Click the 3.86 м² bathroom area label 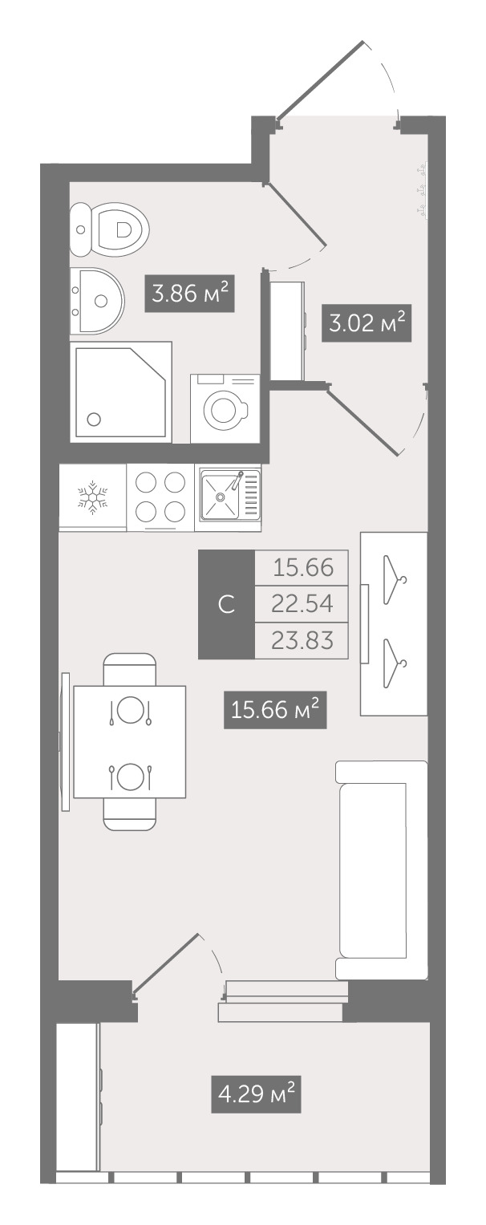(189, 294)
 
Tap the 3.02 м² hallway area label (366, 324)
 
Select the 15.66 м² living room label (275, 710)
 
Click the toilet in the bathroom (109, 230)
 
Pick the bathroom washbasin (97, 301)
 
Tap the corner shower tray (121, 392)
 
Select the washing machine (225, 408)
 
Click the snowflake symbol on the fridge (92, 497)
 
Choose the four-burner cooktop (160, 497)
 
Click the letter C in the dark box (226, 604)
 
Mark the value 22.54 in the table (302, 604)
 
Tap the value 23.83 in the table (302, 640)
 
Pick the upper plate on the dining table (130, 710)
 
